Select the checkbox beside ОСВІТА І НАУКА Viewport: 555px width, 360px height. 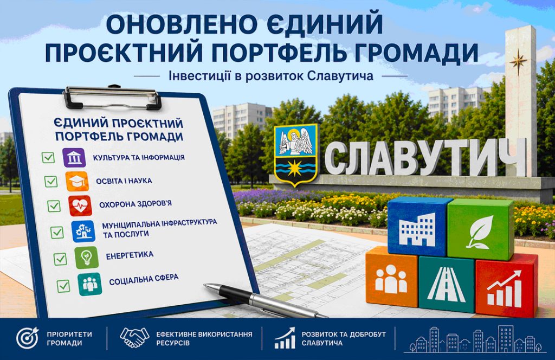point(51,181)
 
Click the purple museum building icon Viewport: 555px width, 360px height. point(74,158)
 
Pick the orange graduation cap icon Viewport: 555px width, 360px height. point(77,181)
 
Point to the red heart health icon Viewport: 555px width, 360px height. point(80,205)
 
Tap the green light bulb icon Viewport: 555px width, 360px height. point(87,258)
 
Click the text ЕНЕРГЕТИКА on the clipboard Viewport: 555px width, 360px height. point(130,255)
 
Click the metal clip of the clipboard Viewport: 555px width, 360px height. point(112,97)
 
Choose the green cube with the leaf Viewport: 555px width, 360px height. point(481,229)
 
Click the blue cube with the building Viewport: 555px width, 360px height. point(418,227)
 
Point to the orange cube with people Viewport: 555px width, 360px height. point(391,277)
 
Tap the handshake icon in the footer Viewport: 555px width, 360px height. point(134,337)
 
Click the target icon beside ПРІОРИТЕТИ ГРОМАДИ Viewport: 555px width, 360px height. point(28,338)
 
